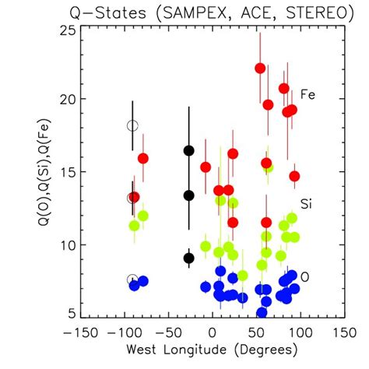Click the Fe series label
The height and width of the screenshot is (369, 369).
(x=307, y=94)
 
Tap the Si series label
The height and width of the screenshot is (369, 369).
(x=307, y=203)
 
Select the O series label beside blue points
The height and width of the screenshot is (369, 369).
(x=305, y=276)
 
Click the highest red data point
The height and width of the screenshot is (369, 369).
(x=260, y=68)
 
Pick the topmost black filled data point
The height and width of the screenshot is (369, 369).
(x=188, y=150)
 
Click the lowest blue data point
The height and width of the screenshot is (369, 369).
(x=262, y=312)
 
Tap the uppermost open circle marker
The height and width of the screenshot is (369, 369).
(x=132, y=125)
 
